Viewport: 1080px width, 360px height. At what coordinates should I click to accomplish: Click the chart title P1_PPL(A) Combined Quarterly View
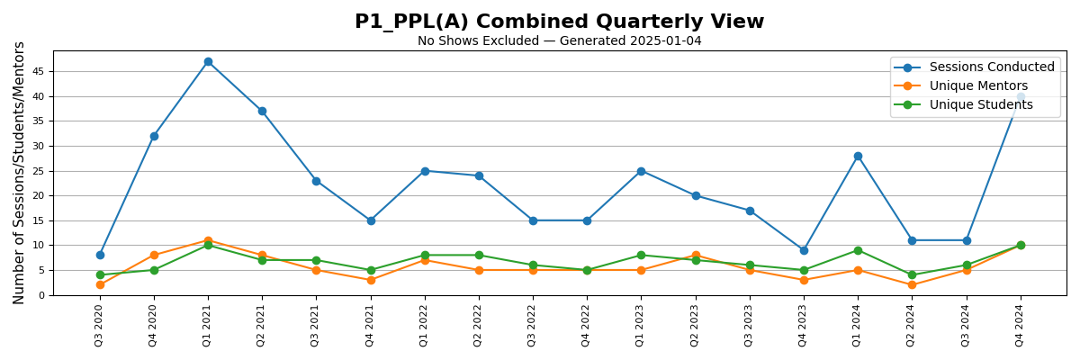(x=559, y=22)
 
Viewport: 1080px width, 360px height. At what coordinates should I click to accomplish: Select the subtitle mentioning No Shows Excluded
(x=559, y=41)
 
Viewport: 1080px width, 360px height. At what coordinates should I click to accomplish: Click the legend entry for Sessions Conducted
(x=991, y=67)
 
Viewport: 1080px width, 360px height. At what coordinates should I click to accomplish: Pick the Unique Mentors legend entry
(x=978, y=86)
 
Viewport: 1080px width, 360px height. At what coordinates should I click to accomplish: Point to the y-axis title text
(x=19, y=173)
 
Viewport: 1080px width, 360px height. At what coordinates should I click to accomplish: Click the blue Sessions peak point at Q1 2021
(x=208, y=62)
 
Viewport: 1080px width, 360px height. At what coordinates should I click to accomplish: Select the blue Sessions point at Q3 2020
(x=100, y=255)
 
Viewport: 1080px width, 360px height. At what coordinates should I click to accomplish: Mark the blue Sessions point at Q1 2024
(x=858, y=156)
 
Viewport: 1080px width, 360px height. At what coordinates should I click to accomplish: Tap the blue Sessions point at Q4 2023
(x=804, y=250)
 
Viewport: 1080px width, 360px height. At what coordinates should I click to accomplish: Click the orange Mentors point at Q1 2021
(x=208, y=240)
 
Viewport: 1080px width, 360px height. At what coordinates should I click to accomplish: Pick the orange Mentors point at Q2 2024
(x=912, y=284)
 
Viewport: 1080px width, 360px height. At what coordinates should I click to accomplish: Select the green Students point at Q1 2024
(x=858, y=250)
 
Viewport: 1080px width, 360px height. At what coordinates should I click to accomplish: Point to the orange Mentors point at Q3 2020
(x=100, y=284)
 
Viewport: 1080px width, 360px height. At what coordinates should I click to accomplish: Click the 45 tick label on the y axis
(x=38, y=72)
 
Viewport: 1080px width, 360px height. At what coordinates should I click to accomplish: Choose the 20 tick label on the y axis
(x=38, y=196)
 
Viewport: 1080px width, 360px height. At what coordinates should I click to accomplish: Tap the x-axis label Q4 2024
(x=1021, y=326)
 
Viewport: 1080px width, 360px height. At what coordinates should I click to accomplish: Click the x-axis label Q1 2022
(x=425, y=326)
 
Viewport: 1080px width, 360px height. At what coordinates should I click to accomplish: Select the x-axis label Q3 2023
(x=750, y=326)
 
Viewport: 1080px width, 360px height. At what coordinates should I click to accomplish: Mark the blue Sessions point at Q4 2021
(x=371, y=220)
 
